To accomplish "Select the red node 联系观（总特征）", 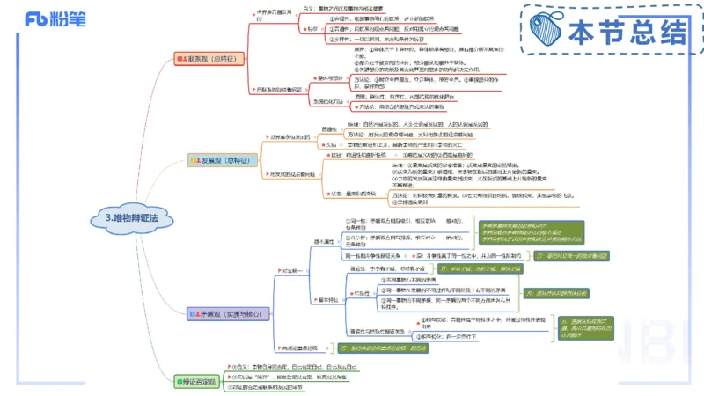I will (x=212, y=58).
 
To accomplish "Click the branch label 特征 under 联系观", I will (x=312, y=29).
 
